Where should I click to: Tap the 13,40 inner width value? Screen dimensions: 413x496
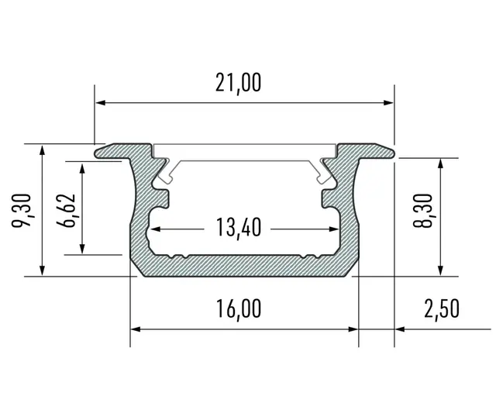click(x=239, y=228)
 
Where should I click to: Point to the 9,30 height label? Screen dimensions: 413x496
click(x=22, y=211)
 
